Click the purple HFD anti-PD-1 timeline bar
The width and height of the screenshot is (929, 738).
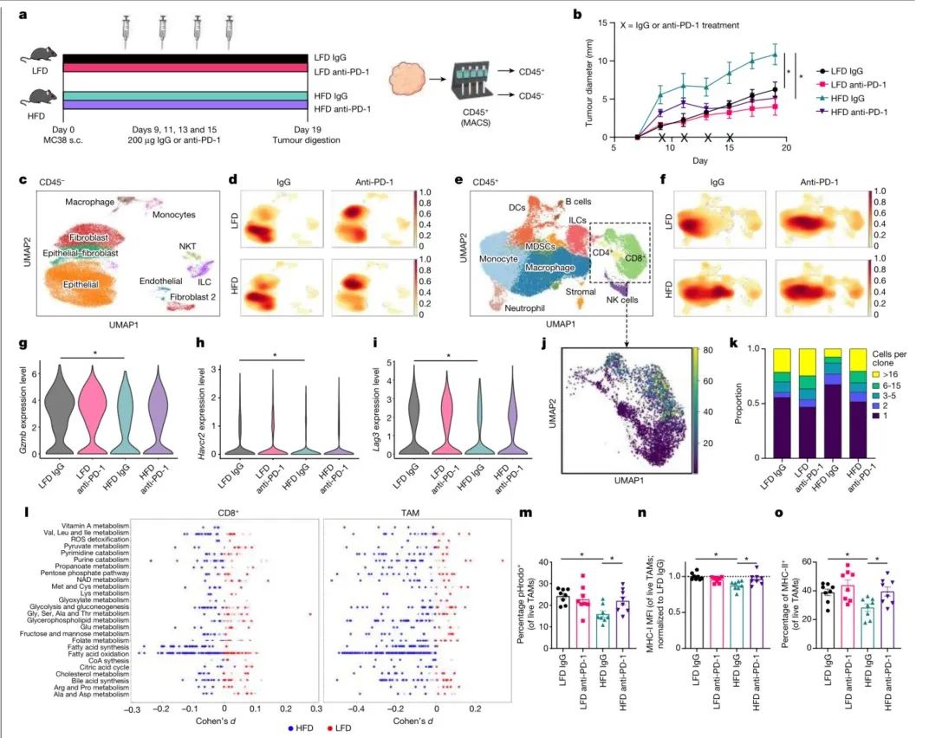185,106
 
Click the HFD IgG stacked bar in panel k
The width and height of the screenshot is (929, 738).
808,404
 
